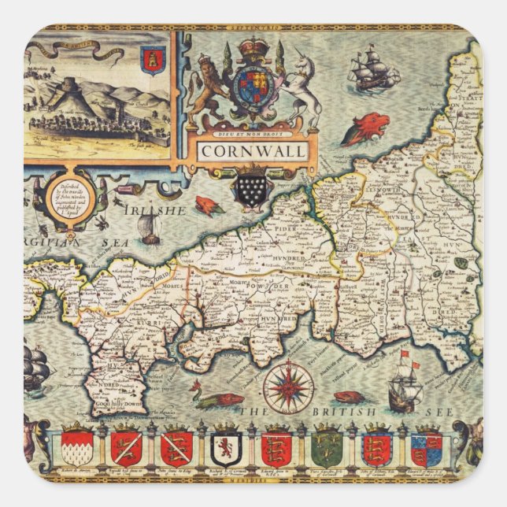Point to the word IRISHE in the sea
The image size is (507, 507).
(x=154, y=210)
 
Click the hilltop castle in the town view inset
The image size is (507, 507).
(x=58, y=87)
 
